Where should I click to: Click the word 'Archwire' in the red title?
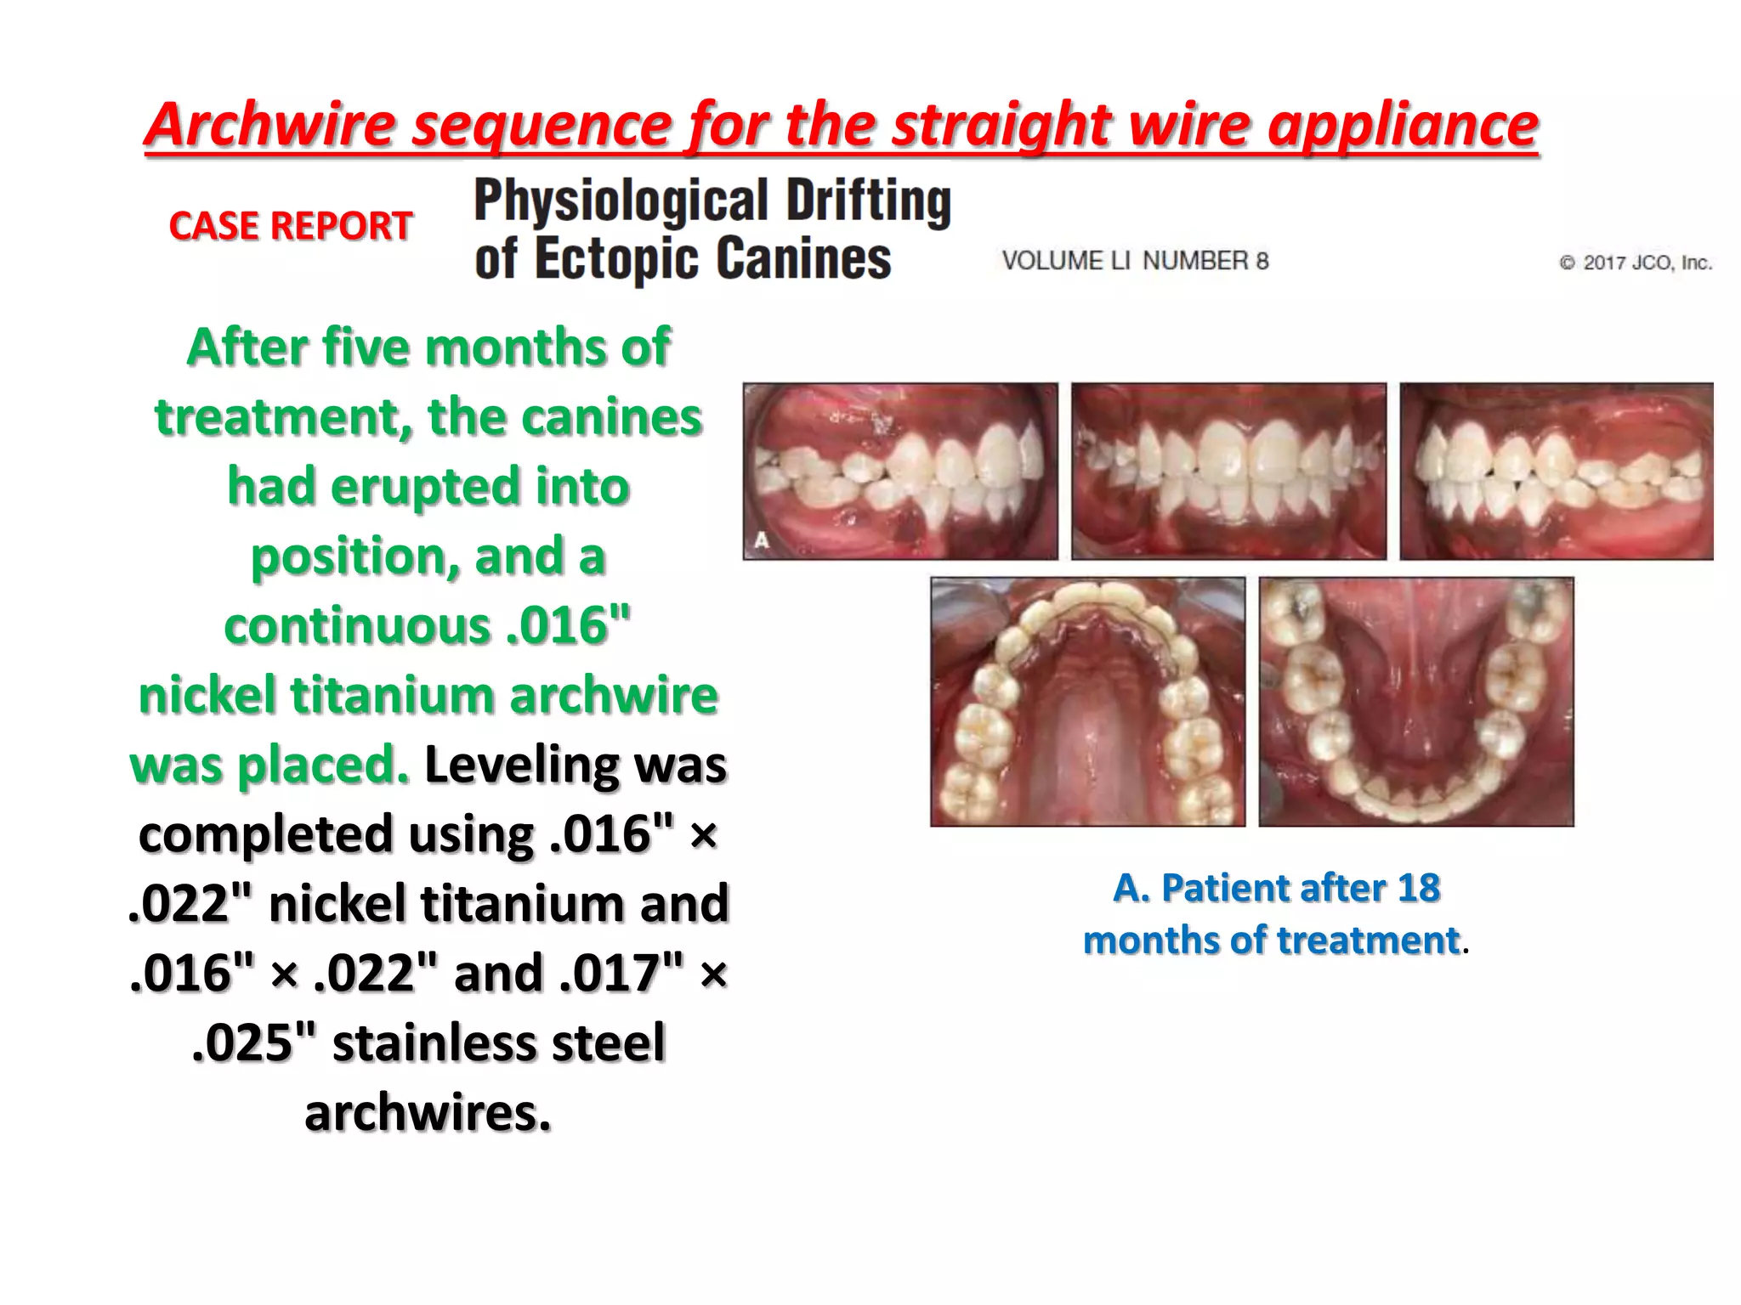point(270,125)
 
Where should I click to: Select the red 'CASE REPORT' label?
point(291,226)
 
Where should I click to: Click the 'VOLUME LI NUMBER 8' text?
point(1135,261)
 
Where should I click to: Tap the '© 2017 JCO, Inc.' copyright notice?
point(1636,263)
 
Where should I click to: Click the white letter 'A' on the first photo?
point(762,540)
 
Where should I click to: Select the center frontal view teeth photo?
point(1228,472)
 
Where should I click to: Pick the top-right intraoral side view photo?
point(1557,472)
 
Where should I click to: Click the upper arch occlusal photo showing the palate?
point(1087,702)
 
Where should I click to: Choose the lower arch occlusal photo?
point(1416,702)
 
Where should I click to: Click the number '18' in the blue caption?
point(1418,888)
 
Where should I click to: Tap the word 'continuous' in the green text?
point(357,626)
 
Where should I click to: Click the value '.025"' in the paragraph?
point(254,1043)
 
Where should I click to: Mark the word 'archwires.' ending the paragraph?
point(428,1113)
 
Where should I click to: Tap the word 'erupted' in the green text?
point(425,487)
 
